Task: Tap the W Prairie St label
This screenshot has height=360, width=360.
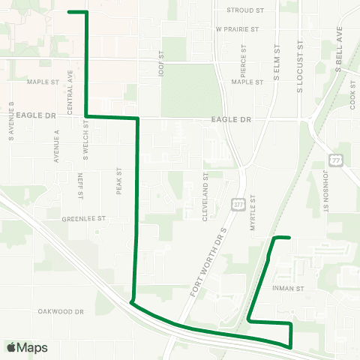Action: pos(236,30)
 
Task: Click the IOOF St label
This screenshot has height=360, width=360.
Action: pos(160,64)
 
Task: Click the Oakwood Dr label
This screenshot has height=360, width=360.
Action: pos(60,310)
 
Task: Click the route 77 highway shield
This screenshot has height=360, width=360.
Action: pos(334,159)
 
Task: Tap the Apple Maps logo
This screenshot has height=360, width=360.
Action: pos(27,347)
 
